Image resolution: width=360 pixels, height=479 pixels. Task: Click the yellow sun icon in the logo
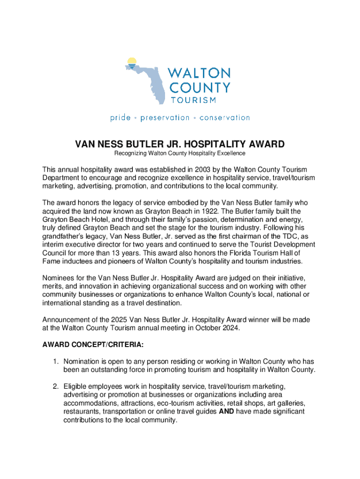click(x=132, y=61)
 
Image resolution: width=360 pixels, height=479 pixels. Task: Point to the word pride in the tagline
click(x=120, y=118)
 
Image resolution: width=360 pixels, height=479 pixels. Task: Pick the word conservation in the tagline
click(x=224, y=118)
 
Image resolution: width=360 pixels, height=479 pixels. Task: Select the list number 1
click(x=55, y=362)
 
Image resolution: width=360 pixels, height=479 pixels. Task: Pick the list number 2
click(x=55, y=386)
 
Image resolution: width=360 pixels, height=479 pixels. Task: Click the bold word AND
click(x=226, y=412)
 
